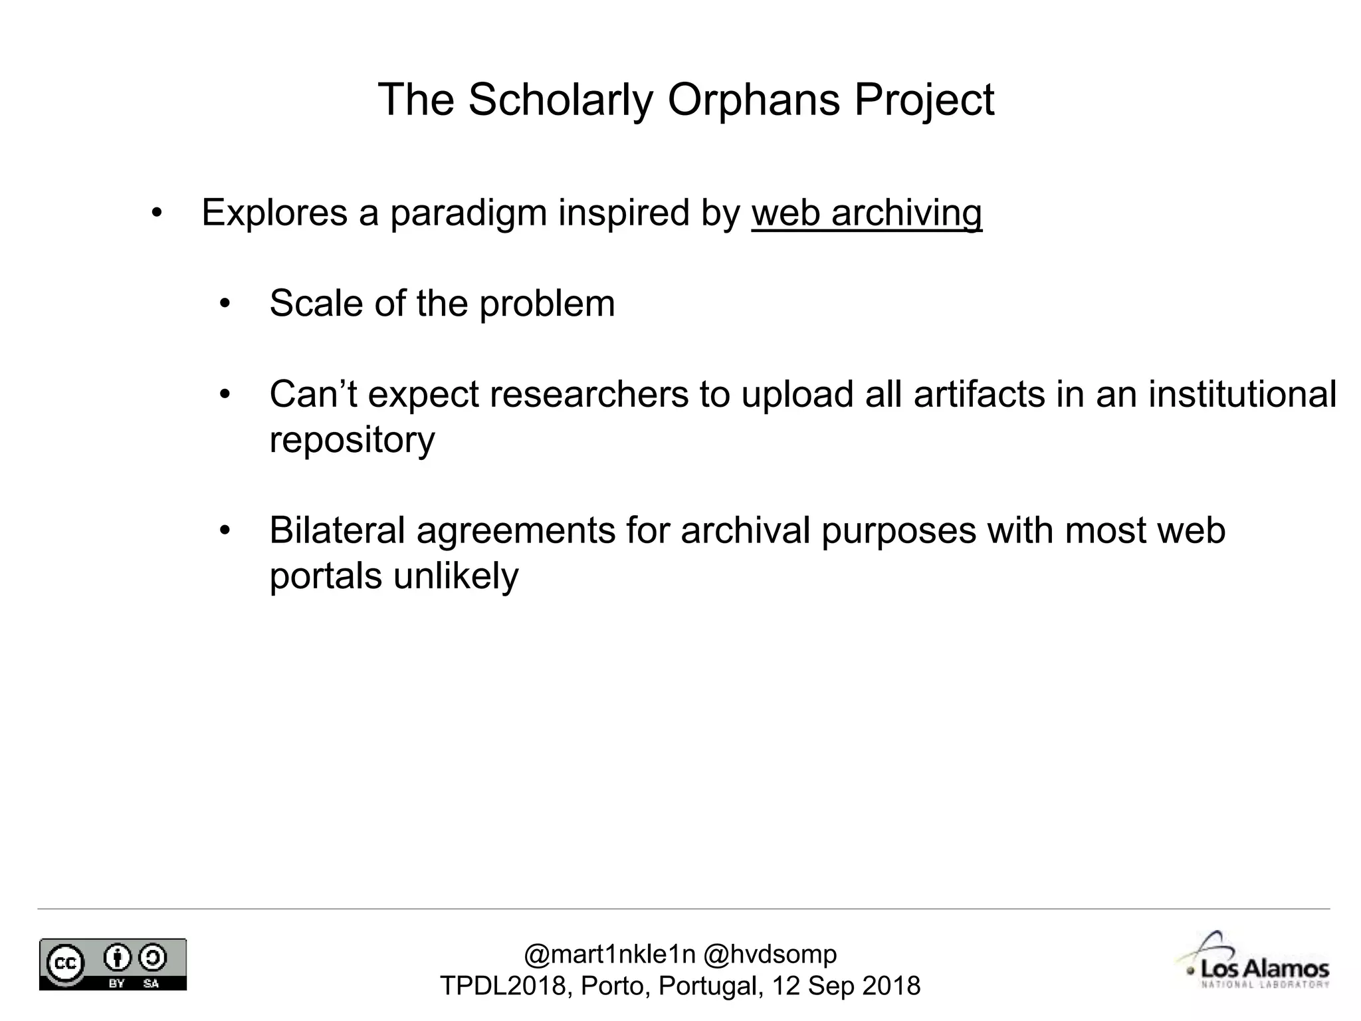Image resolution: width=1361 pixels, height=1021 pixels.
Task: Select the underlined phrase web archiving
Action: point(867,213)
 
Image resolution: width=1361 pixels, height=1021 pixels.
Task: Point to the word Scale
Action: point(316,303)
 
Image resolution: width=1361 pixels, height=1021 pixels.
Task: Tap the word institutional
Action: point(1242,394)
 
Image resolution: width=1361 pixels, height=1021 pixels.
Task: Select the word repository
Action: point(352,439)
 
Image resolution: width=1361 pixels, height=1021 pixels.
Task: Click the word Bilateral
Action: point(337,530)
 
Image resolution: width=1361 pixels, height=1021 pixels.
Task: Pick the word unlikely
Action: point(455,576)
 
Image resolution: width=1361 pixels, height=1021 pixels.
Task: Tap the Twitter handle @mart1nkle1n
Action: point(609,955)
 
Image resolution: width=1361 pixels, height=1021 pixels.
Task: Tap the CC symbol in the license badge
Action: point(64,962)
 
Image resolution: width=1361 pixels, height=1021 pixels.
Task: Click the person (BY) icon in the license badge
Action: point(118,958)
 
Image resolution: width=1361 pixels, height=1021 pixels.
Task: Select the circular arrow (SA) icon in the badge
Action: point(152,958)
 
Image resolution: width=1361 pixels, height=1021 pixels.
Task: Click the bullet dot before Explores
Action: point(157,213)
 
